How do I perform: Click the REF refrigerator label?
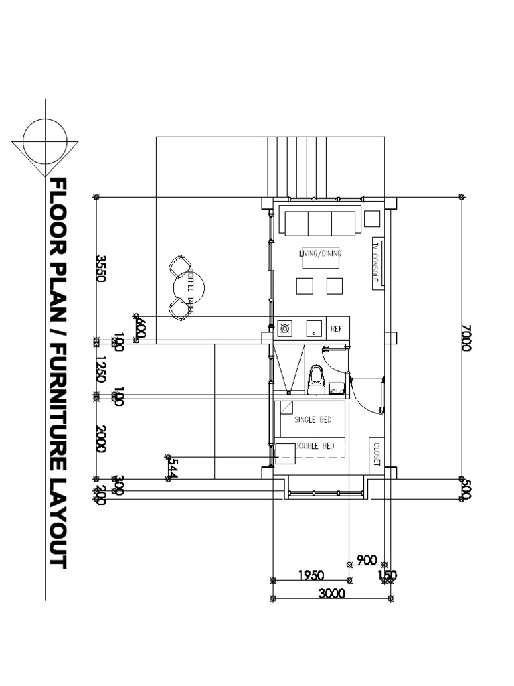(337, 328)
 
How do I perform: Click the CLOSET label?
(376, 453)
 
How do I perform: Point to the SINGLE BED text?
(314, 420)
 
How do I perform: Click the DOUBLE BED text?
(315, 445)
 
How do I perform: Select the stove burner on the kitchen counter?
(285, 328)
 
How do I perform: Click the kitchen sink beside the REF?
(313, 328)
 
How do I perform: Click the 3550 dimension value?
(101, 268)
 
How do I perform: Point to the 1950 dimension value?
(310, 575)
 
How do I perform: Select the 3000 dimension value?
(331, 594)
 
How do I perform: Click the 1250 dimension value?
(101, 369)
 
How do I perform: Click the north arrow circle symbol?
(45, 143)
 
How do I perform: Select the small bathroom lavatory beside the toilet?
(337, 385)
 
